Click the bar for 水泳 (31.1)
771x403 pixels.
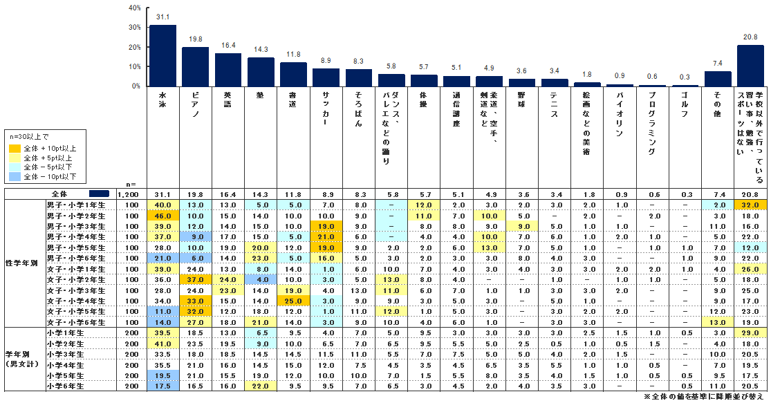(162, 55)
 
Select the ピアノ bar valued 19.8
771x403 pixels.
(196, 66)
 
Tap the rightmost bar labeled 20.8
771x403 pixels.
(750, 66)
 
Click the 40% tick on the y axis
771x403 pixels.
(135, 8)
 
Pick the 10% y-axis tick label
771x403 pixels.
(135, 66)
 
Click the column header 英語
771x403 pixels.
(228, 99)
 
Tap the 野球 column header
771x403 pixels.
(521, 99)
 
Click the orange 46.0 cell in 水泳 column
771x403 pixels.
(163, 216)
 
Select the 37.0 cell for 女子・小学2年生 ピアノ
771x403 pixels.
(196, 279)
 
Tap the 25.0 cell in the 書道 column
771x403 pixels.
(293, 301)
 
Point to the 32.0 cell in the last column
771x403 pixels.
(750, 205)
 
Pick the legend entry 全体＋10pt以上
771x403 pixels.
(46, 147)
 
